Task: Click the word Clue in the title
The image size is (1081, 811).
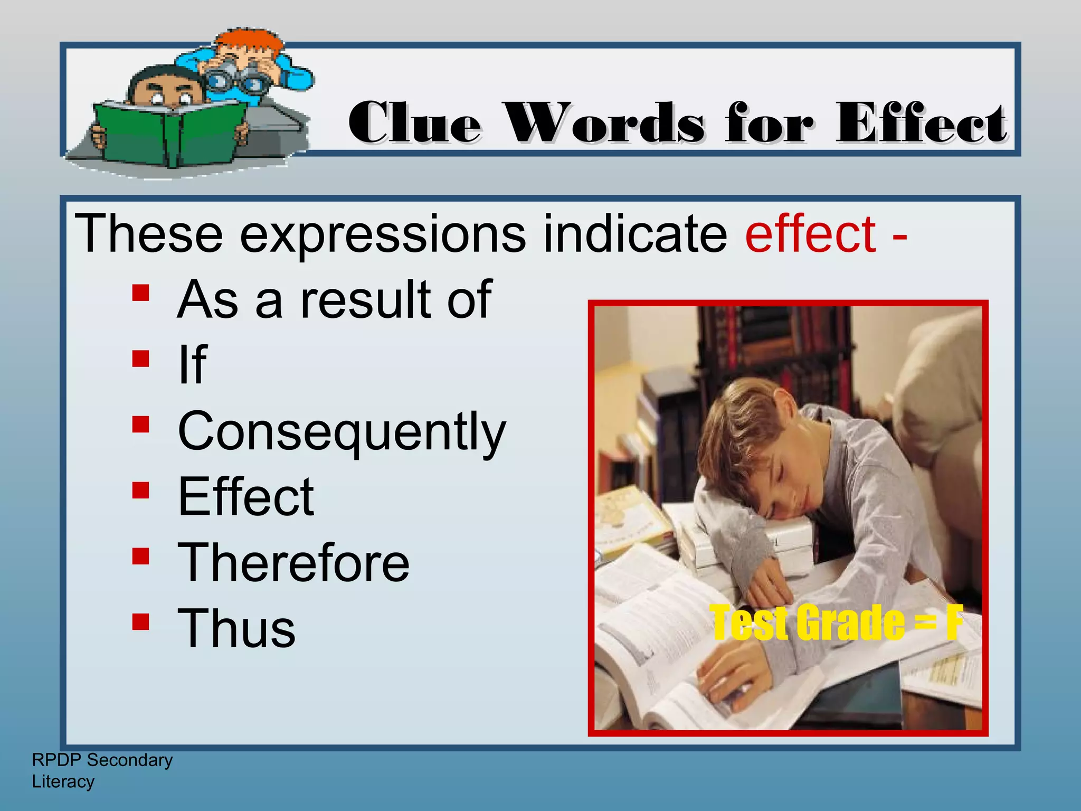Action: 415,122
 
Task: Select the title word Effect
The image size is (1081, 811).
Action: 921,122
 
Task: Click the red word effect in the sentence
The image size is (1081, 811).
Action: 810,233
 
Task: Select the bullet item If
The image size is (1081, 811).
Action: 193,364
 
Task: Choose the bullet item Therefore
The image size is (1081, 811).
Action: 293,563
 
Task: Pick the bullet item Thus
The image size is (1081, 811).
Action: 236,628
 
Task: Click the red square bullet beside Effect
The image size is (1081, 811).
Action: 140,490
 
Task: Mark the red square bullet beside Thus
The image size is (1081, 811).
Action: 140,621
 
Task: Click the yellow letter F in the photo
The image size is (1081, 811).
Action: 953,623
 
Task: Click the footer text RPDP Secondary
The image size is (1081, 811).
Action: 102,760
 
